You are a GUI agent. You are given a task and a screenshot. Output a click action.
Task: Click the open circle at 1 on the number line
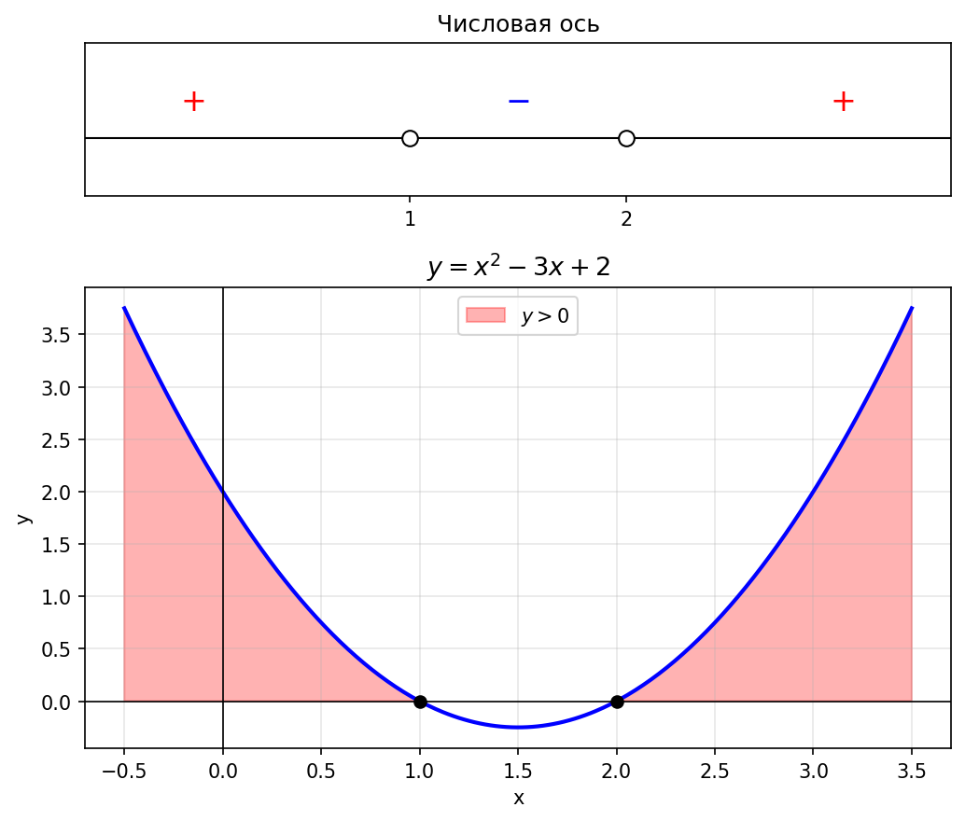click(x=410, y=139)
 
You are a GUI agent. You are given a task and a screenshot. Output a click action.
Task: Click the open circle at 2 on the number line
click(x=626, y=139)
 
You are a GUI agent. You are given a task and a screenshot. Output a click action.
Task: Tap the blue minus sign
click(x=518, y=101)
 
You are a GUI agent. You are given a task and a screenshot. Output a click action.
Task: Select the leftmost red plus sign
click(x=193, y=101)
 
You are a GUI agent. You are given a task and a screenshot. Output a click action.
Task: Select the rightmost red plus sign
click(x=843, y=101)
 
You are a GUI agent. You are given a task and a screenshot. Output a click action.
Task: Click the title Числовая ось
click(x=518, y=24)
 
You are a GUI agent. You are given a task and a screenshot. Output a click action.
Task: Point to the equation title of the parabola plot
click(x=518, y=268)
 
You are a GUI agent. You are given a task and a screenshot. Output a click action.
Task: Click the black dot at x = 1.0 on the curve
click(x=420, y=702)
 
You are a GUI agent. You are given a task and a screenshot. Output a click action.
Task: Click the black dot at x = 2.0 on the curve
click(x=617, y=702)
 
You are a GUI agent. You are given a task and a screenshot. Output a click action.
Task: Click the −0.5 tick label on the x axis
click(x=123, y=771)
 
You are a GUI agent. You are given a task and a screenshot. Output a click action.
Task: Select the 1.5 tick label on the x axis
click(x=518, y=771)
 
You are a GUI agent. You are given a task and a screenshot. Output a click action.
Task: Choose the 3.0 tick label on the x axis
click(x=813, y=771)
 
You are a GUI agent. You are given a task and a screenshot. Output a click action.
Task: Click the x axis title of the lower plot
click(x=518, y=798)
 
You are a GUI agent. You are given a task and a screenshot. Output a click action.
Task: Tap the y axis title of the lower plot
click(x=23, y=518)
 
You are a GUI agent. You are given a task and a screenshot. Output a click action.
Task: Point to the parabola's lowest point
click(x=518, y=727)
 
